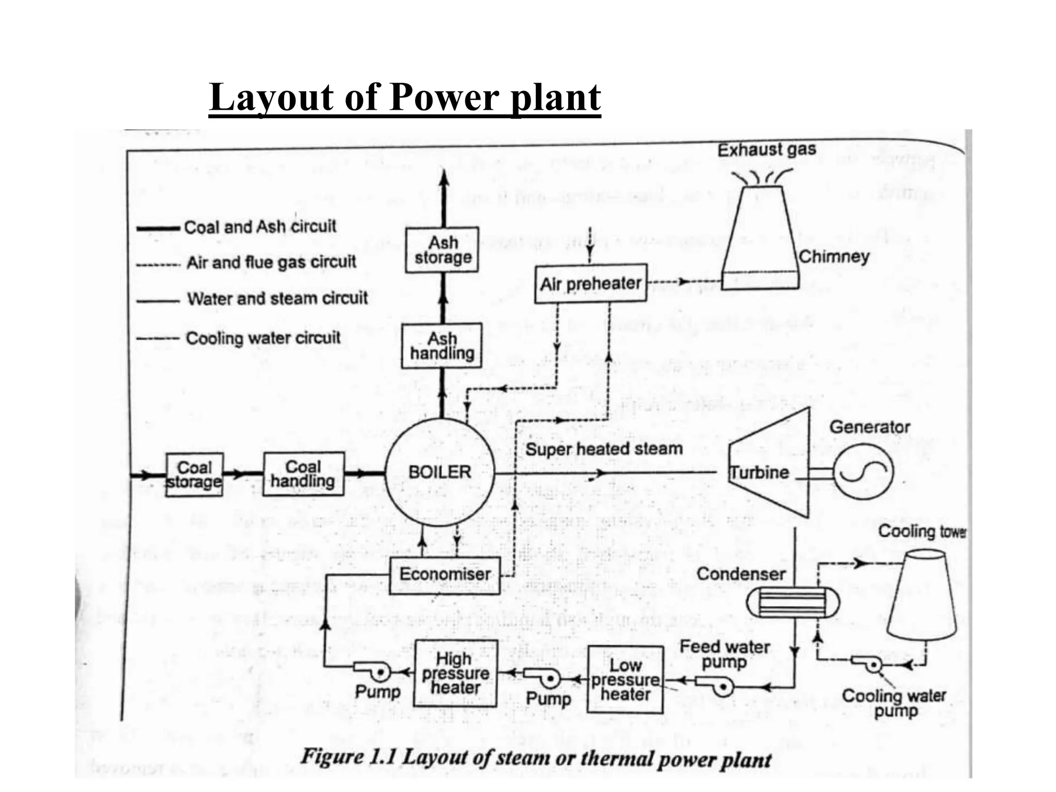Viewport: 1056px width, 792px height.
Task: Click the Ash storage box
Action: pos(442,250)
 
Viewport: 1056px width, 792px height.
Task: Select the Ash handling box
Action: pos(442,346)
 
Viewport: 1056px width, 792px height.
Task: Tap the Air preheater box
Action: pos(590,284)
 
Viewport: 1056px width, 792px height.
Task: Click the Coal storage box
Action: pos(194,475)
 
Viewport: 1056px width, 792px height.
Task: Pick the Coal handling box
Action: pos(303,474)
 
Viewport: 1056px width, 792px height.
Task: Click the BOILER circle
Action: pos(440,472)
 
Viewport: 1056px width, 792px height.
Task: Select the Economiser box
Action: pos(444,575)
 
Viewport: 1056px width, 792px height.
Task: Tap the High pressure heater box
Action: pos(455,673)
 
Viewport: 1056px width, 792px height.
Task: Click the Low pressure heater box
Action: pos(625,680)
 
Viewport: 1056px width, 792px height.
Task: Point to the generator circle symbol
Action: pos(863,471)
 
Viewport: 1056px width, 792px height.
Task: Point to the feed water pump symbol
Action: pos(717,685)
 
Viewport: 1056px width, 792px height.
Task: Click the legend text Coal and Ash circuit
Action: pos(260,227)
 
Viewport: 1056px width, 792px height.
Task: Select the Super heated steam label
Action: pos(604,449)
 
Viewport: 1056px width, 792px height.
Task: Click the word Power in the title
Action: pos(444,97)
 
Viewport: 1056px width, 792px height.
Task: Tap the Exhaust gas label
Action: pos(767,150)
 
